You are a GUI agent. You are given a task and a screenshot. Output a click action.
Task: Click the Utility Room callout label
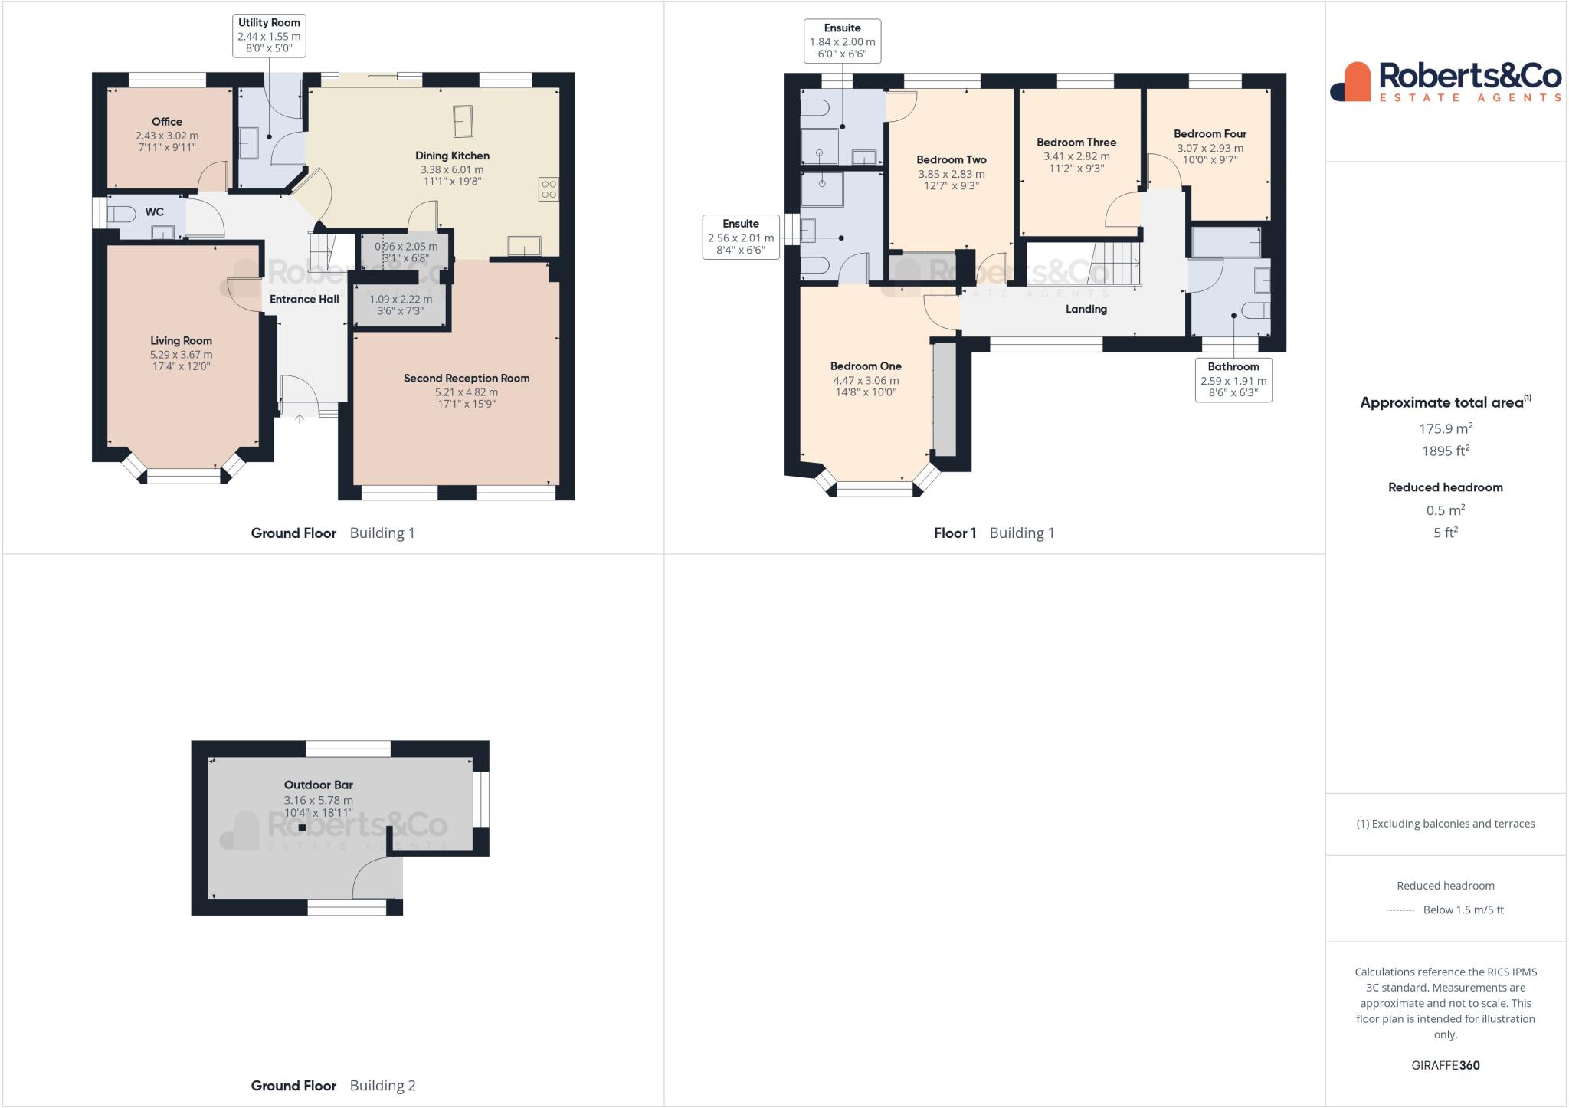tap(269, 35)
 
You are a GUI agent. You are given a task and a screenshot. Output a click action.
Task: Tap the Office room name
tap(167, 121)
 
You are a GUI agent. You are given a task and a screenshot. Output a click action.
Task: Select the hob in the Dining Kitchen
tap(548, 188)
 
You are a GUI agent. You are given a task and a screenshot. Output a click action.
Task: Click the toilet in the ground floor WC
tap(123, 213)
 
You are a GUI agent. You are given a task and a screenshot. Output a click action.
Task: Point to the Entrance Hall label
tap(304, 299)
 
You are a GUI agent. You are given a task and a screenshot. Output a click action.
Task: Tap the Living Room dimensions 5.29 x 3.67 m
tap(181, 355)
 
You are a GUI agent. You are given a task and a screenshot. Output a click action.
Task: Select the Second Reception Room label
tap(467, 378)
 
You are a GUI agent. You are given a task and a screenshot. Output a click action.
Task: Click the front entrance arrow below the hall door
tap(299, 418)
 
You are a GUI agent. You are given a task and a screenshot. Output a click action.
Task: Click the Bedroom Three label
tap(1076, 142)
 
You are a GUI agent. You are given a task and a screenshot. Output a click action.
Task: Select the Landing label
tap(1086, 309)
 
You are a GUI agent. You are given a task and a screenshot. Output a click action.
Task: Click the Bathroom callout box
tap(1233, 380)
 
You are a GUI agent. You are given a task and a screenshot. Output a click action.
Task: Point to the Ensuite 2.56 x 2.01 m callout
tap(741, 237)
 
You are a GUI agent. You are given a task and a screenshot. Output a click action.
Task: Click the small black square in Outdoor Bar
tap(302, 828)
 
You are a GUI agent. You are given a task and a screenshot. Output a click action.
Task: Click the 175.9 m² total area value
tap(1445, 428)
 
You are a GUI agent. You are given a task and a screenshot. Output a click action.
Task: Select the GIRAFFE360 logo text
tap(1445, 1065)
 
